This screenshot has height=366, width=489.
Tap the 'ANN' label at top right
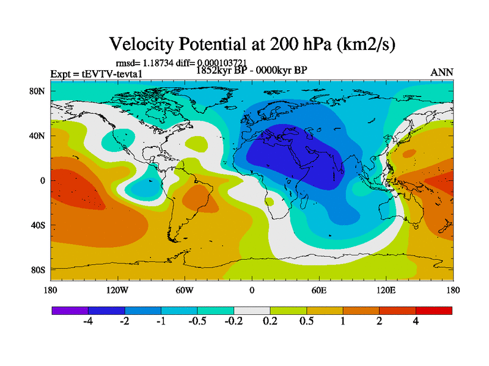point(442,72)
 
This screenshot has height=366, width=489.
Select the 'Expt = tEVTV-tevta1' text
point(92,74)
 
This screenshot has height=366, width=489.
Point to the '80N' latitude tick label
point(39,91)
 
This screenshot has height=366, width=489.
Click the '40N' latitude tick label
point(39,136)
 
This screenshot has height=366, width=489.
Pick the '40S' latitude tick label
point(39,225)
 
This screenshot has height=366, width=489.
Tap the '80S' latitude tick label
point(39,270)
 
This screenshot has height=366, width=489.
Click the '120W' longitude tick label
point(117,290)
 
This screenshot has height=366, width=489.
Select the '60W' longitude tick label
point(184,290)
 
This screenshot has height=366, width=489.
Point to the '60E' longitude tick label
point(318,290)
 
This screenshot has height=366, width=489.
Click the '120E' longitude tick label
point(386,290)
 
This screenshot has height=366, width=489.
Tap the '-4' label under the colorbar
point(88,322)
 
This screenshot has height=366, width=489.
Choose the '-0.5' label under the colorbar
point(197,322)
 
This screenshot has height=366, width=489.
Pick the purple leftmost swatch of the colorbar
point(70,310)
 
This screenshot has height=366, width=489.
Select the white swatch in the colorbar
point(252,310)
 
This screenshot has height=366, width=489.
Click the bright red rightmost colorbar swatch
point(434,310)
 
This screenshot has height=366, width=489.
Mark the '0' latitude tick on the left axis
point(43,181)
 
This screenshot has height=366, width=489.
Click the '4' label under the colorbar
point(416,322)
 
